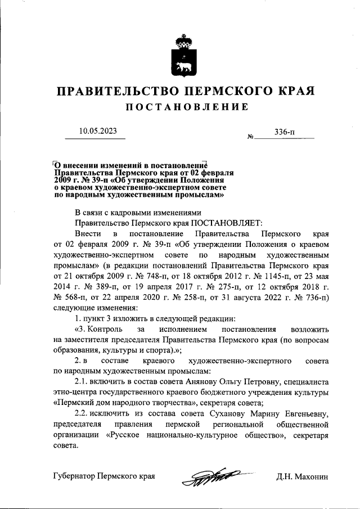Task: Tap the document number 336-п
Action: coord(285,132)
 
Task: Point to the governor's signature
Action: coord(211,477)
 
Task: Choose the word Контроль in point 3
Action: coord(102,328)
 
